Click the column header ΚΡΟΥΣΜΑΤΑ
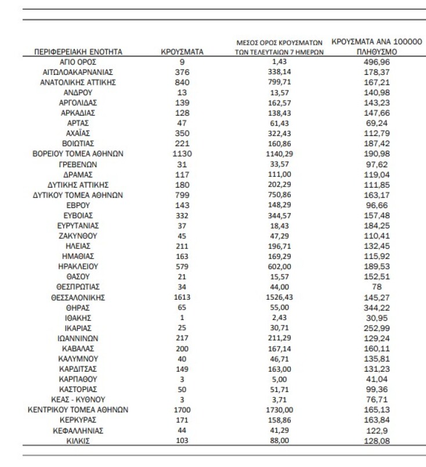182,52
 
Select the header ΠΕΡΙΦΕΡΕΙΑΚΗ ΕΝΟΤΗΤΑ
78,52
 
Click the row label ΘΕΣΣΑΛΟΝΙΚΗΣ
78,297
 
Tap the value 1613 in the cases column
182,297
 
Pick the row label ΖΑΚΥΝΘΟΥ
78,236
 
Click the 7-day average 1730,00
280,409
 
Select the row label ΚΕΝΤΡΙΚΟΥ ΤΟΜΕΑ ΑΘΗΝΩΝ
78,409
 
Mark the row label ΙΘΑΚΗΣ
78,317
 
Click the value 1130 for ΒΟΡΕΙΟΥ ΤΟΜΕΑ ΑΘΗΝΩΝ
182,154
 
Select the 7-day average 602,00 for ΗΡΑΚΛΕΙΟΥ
280,267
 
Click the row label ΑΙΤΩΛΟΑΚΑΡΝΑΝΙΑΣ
78,72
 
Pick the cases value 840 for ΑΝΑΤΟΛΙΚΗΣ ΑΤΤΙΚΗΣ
182,82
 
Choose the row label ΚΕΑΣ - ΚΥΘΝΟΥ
78,399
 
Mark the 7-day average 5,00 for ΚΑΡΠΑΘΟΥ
280,379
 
